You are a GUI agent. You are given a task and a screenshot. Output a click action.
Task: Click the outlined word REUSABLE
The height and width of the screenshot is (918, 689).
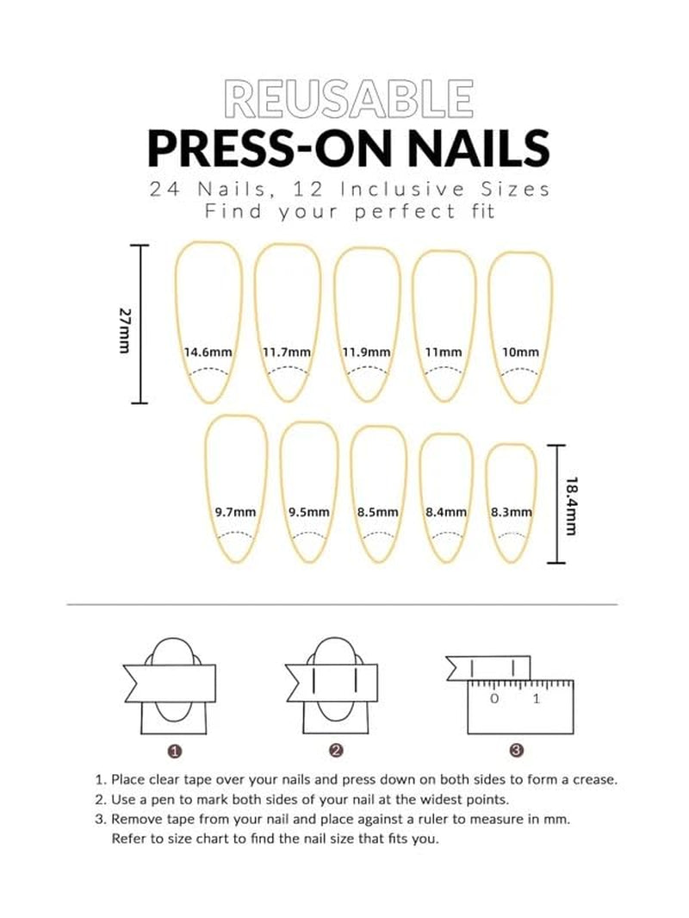348,98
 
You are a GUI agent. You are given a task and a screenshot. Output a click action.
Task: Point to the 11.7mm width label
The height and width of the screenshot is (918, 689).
286,352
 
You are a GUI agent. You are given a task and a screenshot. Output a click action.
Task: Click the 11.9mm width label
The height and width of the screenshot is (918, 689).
366,352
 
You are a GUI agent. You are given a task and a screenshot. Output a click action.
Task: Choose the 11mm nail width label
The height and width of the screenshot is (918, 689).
444,352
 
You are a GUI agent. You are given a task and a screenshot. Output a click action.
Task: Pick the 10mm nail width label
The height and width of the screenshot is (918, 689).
520,352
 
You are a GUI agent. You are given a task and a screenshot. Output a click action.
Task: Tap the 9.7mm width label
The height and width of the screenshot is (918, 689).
235,512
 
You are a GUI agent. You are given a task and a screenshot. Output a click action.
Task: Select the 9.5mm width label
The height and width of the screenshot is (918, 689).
309,512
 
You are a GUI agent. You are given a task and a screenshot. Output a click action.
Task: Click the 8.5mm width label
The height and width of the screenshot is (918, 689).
378,512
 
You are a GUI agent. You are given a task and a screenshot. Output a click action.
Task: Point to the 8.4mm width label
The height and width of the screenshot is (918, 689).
446,512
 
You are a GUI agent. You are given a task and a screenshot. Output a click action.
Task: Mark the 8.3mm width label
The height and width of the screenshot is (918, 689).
511,512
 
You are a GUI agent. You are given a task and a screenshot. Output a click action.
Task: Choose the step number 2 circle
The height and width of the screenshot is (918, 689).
336,751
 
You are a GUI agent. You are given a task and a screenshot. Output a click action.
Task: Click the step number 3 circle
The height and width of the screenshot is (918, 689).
516,751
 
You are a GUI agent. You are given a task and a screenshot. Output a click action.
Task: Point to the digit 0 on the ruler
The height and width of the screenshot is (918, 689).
494,699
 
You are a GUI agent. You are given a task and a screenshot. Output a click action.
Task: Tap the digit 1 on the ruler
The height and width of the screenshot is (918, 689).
536,699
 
